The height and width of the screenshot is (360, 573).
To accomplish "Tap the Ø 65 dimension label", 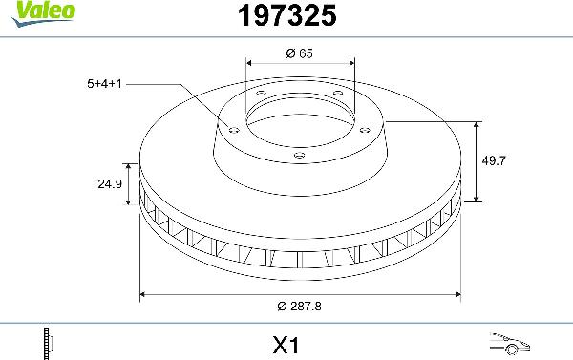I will click(x=300, y=53).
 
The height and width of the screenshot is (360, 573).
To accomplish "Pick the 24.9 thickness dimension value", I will click(x=111, y=184).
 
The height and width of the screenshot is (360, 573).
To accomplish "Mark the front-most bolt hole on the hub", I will click(x=299, y=156).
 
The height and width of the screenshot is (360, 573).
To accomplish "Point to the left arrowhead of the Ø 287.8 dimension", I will click(x=143, y=292).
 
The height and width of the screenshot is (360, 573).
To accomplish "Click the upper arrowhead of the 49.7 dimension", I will click(x=477, y=125).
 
